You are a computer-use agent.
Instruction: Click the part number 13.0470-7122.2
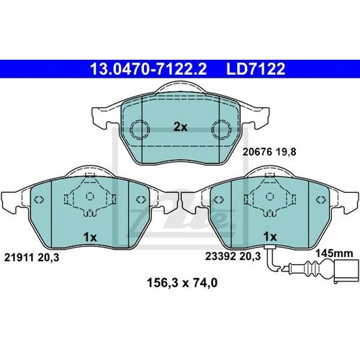tap(148, 69)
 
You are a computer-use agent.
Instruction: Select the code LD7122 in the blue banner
tap(256, 69)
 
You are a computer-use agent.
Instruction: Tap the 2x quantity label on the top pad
tap(181, 127)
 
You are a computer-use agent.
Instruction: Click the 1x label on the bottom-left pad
tap(90, 237)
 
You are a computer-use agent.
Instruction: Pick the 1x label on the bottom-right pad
tap(270, 237)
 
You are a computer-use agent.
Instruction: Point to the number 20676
tap(257, 152)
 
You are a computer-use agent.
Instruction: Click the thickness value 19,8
tap(286, 152)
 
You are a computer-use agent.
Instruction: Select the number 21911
tap(19, 258)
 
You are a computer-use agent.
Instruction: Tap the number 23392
tap(220, 256)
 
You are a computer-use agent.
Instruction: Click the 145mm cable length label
tap(334, 253)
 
